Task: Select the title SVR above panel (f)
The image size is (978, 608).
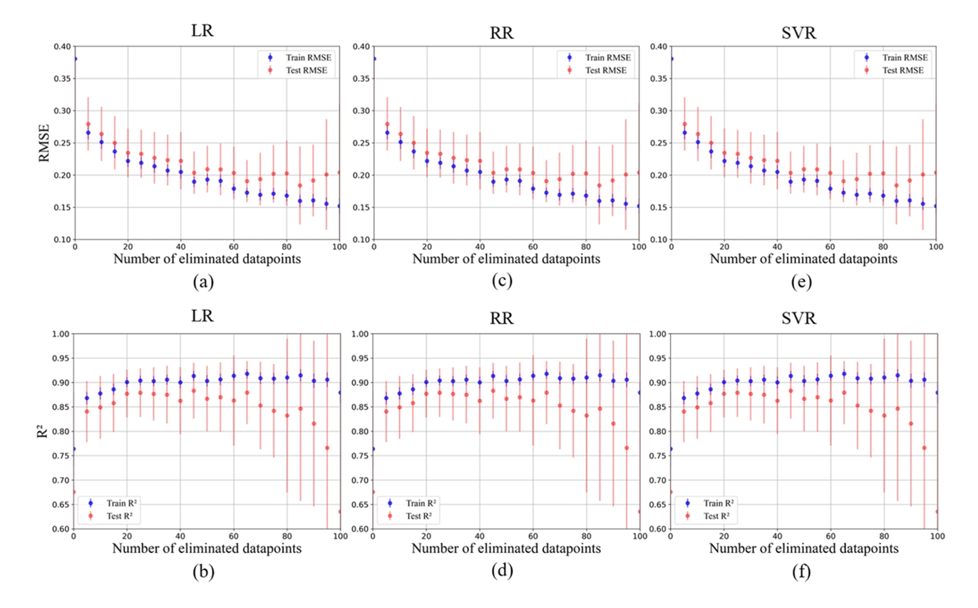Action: (x=803, y=316)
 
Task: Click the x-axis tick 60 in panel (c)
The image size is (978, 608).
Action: (x=532, y=249)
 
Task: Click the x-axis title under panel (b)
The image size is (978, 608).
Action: (x=207, y=550)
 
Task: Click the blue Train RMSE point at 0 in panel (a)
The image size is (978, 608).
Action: (x=75, y=58)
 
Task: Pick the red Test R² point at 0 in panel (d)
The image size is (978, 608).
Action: (x=373, y=492)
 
